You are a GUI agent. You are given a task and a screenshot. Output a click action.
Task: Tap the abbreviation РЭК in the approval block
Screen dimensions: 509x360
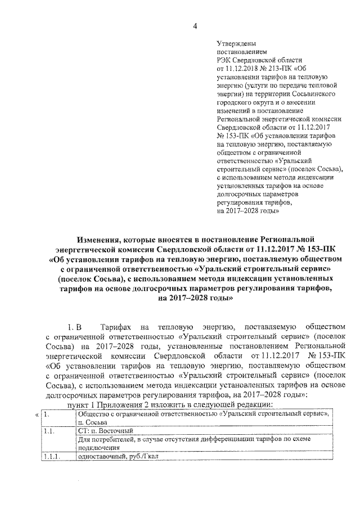point(223,60)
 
